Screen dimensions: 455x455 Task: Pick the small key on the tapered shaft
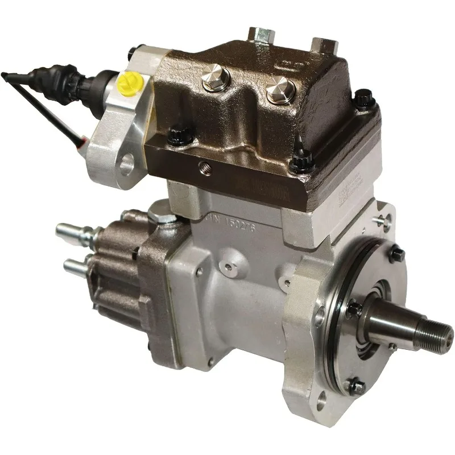(x=392, y=344)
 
